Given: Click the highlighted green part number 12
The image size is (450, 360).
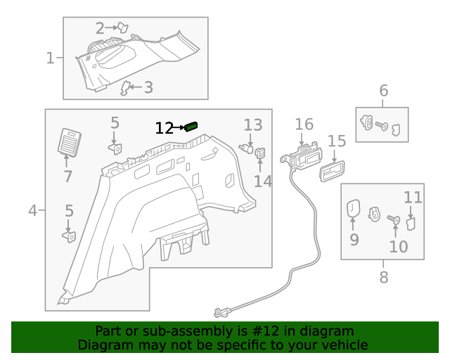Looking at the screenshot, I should coord(191,127).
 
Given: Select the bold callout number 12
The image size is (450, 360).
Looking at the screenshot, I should coord(164,128).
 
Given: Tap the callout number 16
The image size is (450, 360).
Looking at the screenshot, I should coord(304,124).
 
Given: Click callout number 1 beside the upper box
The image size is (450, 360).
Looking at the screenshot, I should coord(50,58).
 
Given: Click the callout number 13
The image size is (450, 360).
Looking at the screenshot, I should coord(252,125).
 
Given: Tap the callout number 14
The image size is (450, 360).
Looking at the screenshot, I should coord(262,181).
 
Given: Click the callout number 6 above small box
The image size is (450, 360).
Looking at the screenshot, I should coord(383,90).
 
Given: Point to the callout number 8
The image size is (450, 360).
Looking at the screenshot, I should coord(383,277).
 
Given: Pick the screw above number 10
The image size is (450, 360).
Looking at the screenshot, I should coord(394,220).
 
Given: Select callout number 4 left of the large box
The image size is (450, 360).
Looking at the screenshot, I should coord(32,210).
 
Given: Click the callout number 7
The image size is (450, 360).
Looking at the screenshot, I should coord(67,176).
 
